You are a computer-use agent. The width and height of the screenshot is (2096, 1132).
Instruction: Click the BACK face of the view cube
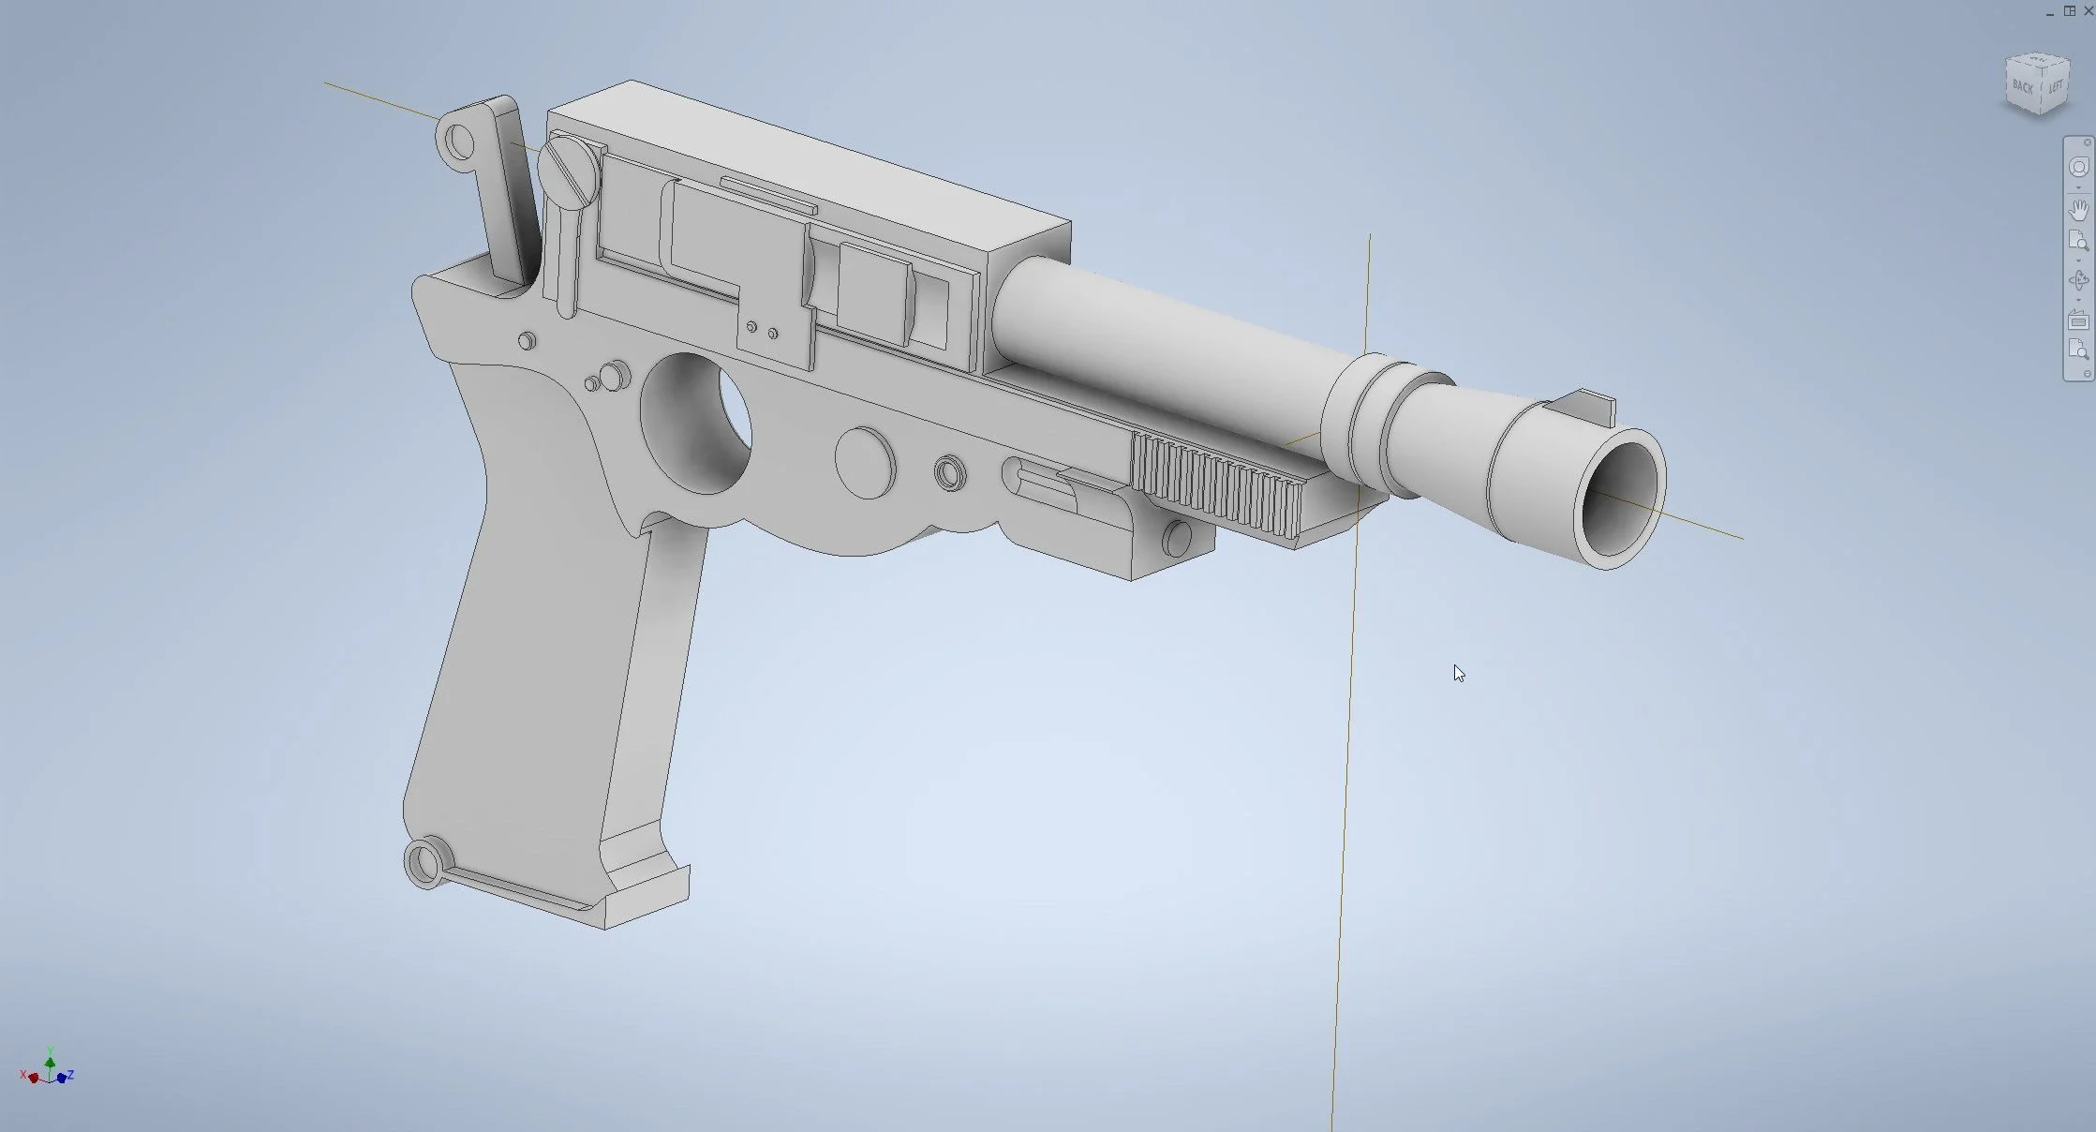pyautogui.click(x=2022, y=87)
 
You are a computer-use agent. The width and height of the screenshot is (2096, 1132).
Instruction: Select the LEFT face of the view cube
pyautogui.click(x=2055, y=87)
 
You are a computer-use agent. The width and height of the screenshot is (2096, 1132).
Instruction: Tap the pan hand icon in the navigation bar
pyautogui.click(x=2078, y=209)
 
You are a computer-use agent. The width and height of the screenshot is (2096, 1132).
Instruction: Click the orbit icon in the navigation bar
pyautogui.click(x=2078, y=280)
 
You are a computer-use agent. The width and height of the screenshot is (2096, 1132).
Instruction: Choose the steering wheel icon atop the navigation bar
pyautogui.click(x=2078, y=167)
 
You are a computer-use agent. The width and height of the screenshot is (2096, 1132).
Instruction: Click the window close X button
pyautogui.click(x=2088, y=10)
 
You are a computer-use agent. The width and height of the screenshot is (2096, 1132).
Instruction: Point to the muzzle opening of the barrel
pyautogui.click(x=1619, y=499)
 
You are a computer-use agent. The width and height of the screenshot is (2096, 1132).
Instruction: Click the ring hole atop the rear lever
pyautogui.click(x=459, y=141)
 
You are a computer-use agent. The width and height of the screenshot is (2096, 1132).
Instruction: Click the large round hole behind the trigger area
pyautogui.click(x=698, y=424)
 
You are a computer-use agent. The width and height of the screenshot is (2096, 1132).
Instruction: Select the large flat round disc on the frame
pyautogui.click(x=864, y=463)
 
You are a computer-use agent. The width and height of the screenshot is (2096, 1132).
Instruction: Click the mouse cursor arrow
pyautogui.click(x=1459, y=673)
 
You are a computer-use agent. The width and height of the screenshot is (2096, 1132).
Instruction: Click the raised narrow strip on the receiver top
pyautogui.click(x=767, y=193)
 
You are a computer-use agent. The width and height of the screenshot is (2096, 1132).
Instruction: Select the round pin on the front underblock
pyautogui.click(x=1176, y=538)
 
